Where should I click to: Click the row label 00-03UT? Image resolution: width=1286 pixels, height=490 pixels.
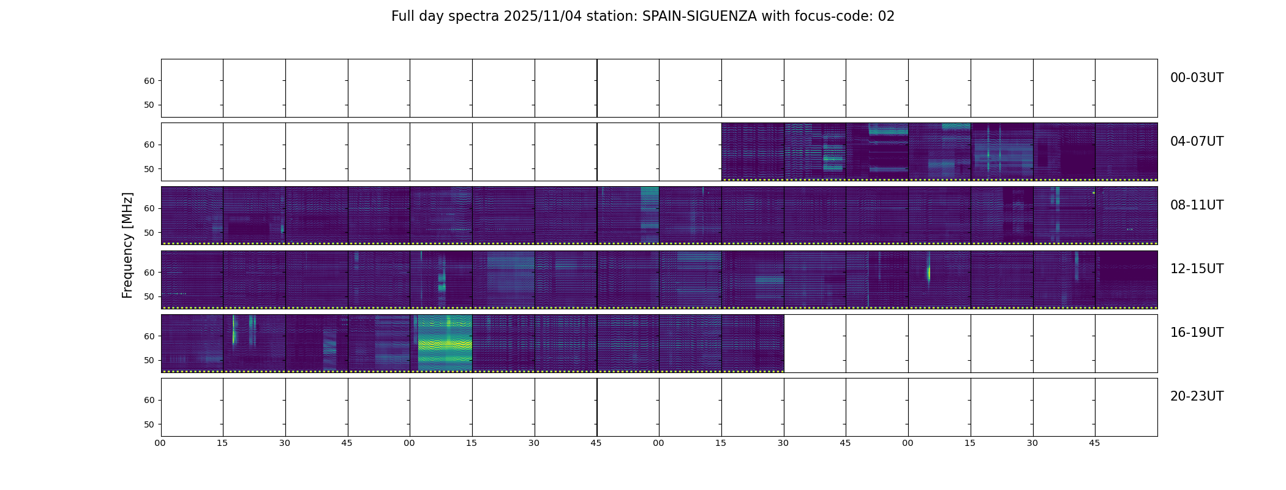(1197, 78)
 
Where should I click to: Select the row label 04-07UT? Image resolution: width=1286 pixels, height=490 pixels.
(1197, 141)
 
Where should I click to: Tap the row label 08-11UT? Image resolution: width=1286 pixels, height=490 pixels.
(1197, 205)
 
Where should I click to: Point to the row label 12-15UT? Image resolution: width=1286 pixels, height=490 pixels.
(1197, 269)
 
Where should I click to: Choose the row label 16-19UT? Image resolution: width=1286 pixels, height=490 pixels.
(1197, 333)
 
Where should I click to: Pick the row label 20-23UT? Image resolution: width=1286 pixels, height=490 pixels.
(1197, 396)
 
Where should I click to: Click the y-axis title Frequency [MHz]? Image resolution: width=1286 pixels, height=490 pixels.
(127, 245)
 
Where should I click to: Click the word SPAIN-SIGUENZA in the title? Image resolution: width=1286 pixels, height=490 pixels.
(699, 17)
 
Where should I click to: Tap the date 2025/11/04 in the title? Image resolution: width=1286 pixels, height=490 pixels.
(543, 17)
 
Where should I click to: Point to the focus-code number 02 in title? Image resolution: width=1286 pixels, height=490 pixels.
(886, 17)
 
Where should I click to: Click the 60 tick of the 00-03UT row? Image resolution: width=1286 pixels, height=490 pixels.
(149, 81)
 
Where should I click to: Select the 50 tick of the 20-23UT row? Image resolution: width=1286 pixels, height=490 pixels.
(149, 424)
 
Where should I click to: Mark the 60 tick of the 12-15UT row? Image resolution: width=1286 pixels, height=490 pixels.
(149, 273)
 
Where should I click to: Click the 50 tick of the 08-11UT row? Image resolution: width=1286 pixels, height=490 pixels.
(149, 233)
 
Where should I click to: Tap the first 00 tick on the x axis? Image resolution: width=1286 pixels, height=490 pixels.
(160, 443)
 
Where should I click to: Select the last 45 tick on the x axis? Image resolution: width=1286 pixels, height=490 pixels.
(1094, 443)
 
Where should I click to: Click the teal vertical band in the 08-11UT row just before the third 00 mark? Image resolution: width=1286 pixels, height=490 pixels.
(649, 214)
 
